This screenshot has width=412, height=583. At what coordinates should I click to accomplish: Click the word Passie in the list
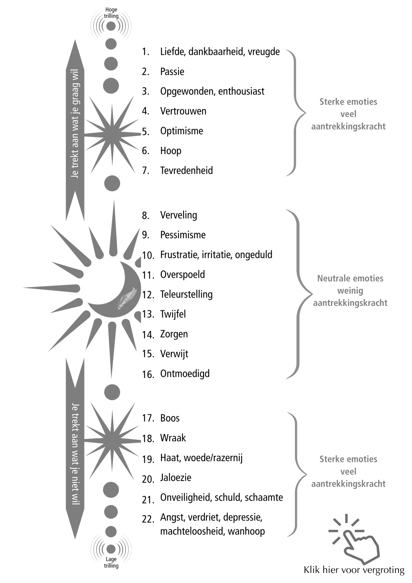click(x=172, y=72)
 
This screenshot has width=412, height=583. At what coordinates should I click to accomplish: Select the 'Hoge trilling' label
click(x=111, y=13)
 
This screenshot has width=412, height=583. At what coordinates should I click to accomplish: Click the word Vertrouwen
click(x=183, y=111)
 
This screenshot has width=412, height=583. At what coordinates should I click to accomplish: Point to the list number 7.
click(x=145, y=171)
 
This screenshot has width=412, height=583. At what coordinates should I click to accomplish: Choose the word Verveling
click(x=178, y=215)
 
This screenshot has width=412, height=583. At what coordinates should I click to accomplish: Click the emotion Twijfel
click(x=173, y=314)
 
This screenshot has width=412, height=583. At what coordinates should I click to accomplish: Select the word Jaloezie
click(x=176, y=478)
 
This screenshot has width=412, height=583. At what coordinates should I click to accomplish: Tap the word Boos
click(x=170, y=418)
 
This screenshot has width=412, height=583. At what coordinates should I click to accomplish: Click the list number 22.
click(x=148, y=519)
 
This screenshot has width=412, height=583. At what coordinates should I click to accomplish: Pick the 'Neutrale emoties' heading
click(x=350, y=278)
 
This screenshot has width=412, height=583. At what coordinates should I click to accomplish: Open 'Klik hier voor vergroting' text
click(x=354, y=570)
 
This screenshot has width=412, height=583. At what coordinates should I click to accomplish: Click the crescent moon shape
click(x=119, y=300)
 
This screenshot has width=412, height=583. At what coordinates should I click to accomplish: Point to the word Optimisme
click(x=181, y=131)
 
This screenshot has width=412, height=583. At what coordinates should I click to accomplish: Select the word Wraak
click(x=173, y=438)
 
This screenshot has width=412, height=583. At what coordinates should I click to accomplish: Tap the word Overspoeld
click(x=182, y=274)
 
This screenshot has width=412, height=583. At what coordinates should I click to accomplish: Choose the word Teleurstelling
click(x=186, y=294)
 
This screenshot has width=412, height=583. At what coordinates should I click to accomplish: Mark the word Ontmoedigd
click(x=185, y=373)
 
